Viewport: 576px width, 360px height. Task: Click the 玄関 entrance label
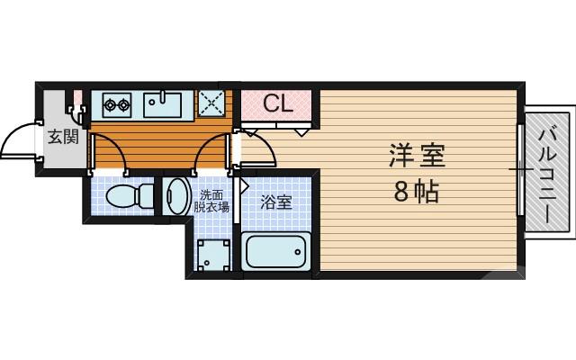[x=63, y=138]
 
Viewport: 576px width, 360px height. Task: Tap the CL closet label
[x=278, y=103]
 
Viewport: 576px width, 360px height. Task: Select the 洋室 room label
[x=417, y=156]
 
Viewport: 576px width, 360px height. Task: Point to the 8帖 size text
[x=416, y=191]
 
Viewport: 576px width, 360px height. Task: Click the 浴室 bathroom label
[x=275, y=202]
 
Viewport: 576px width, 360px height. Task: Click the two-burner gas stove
[x=116, y=103]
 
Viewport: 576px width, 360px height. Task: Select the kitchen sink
[x=163, y=103]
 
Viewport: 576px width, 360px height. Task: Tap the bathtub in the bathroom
[x=276, y=251]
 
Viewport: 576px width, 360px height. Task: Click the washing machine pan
[x=213, y=255]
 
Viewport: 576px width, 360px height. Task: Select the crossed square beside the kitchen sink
[x=211, y=103]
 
